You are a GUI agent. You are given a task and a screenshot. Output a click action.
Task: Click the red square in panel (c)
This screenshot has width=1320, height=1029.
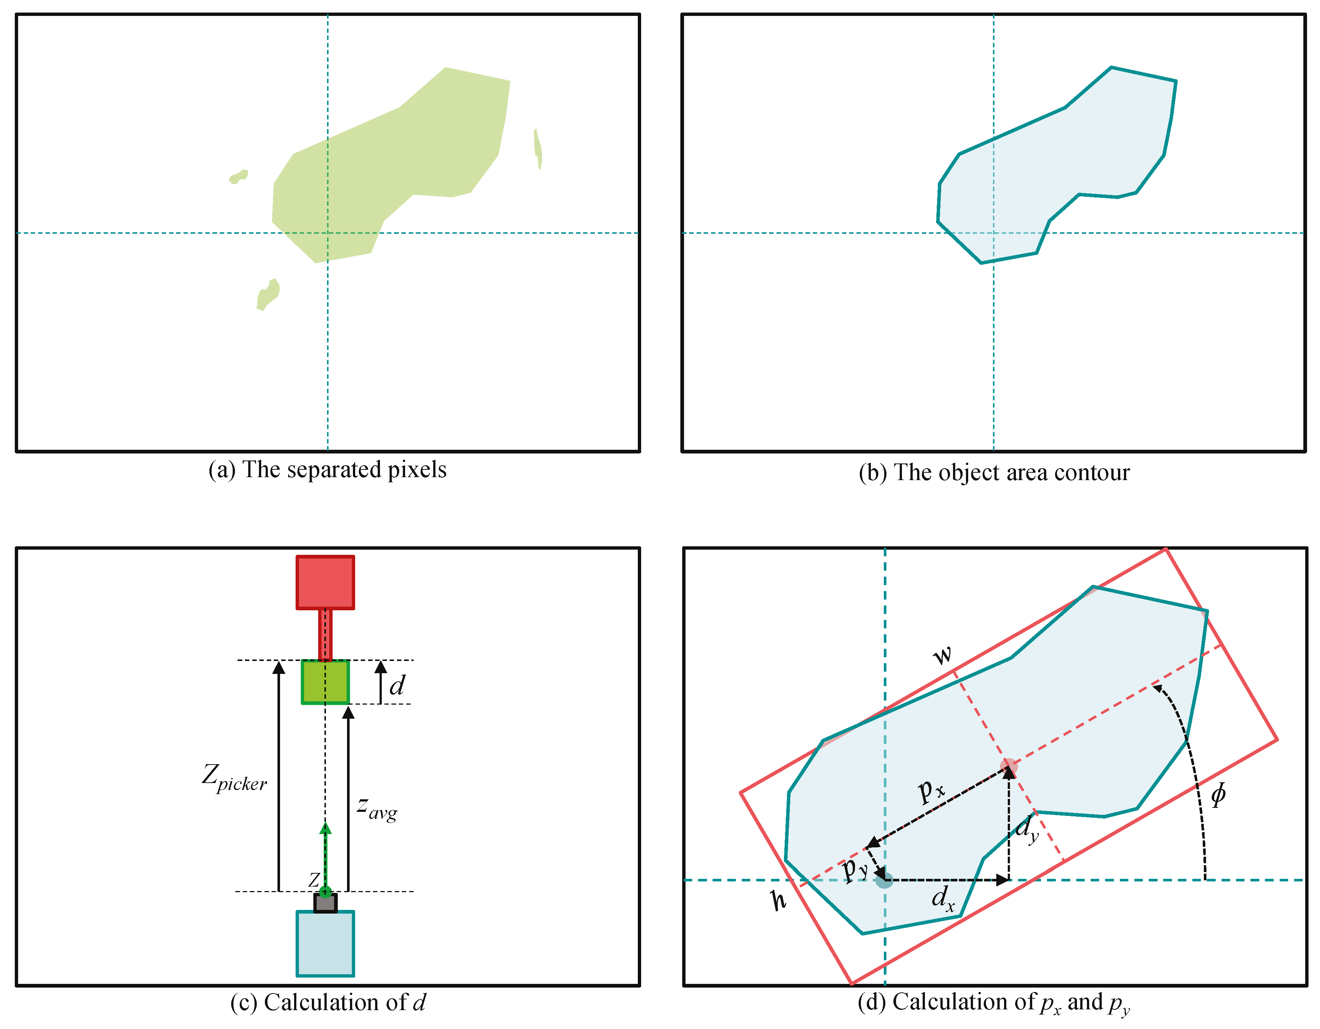pos(325,582)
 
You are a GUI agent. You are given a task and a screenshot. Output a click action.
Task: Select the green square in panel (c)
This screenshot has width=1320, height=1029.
pos(325,682)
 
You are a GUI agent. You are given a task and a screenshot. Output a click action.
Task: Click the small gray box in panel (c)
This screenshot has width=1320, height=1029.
pos(325,903)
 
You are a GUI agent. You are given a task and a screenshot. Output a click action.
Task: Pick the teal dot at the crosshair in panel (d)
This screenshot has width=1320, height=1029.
pos(884,880)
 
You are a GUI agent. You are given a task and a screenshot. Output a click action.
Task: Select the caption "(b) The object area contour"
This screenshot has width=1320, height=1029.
pos(994,472)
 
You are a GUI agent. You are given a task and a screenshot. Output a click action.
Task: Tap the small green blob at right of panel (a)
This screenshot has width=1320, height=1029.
pos(537,148)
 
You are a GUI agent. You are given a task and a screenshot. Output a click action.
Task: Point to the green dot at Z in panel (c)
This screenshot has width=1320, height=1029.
pos(325,891)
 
